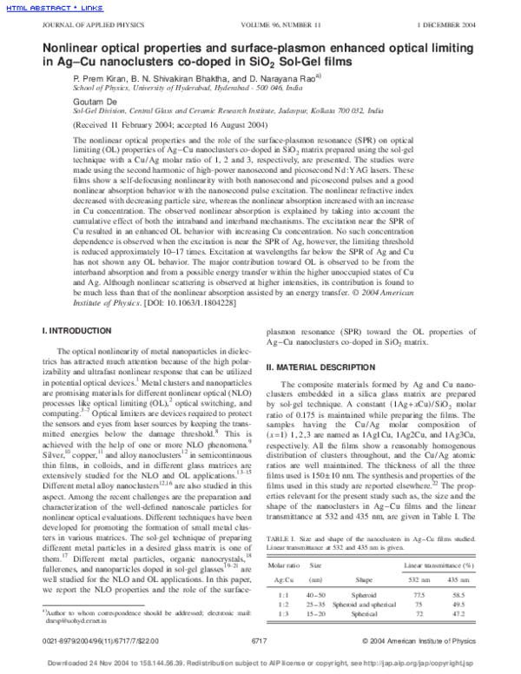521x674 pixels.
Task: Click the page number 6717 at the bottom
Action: click(258, 639)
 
